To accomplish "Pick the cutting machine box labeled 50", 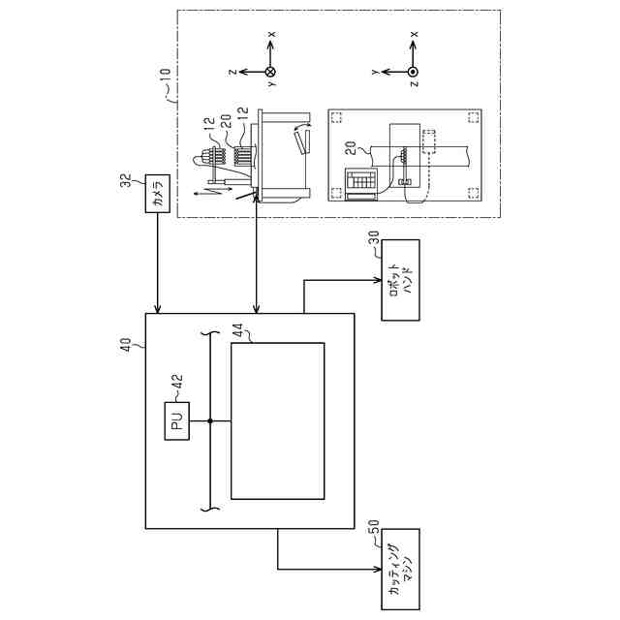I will click(399, 570).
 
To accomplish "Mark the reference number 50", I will click(372, 534).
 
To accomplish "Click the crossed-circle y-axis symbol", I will click(270, 71).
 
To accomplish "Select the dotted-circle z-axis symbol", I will click(414, 71).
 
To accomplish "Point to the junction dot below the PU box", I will click(208, 420).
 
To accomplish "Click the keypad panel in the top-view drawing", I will click(360, 180).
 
